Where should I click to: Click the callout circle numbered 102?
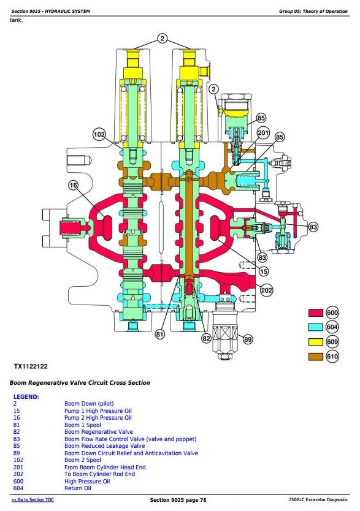[x=99, y=134]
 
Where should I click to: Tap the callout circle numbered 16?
[x=74, y=186]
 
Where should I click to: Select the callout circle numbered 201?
[x=263, y=132]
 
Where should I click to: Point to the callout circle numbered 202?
[x=266, y=290]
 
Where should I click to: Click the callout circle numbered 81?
[x=160, y=335]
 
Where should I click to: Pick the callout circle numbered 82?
[x=206, y=339]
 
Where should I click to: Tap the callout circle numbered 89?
[x=248, y=339]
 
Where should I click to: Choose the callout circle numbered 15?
[x=264, y=271]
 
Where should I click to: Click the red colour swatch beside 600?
[x=316, y=313]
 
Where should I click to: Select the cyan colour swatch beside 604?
[x=316, y=327]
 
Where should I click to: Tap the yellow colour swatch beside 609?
[x=316, y=342]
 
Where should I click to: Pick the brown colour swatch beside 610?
[x=316, y=357]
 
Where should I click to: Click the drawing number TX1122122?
[x=31, y=366]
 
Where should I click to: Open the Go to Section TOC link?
[x=33, y=499]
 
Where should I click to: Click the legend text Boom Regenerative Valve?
[x=99, y=432]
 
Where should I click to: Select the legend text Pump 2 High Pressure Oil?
[x=98, y=418]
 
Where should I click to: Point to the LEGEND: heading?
[x=26, y=397]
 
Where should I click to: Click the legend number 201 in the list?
[x=18, y=467]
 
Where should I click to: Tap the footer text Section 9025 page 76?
[x=178, y=500]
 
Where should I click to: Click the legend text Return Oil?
[x=78, y=488]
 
